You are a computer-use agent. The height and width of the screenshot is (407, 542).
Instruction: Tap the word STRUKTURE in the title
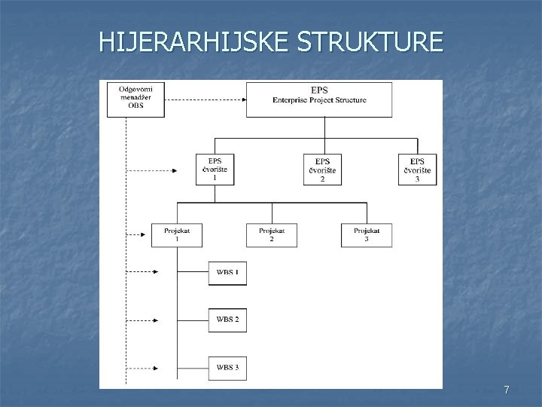click(370, 41)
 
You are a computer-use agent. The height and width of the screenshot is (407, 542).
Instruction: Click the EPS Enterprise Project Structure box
click(319, 99)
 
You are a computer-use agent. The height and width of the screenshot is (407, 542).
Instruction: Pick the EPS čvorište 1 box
click(215, 170)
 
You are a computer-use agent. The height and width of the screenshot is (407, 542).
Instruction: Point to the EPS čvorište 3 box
click(418, 170)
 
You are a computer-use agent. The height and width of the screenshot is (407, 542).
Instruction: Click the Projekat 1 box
click(177, 234)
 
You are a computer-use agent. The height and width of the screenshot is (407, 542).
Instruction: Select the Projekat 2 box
click(271, 234)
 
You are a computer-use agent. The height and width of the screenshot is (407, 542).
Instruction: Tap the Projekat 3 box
click(367, 234)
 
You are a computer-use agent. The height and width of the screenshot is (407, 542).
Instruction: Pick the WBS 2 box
click(227, 320)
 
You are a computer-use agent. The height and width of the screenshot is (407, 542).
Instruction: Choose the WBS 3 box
click(227, 367)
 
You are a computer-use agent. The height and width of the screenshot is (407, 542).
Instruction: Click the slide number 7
click(507, 390)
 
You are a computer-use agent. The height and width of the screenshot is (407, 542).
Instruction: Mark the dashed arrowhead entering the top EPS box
click(242, 99)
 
